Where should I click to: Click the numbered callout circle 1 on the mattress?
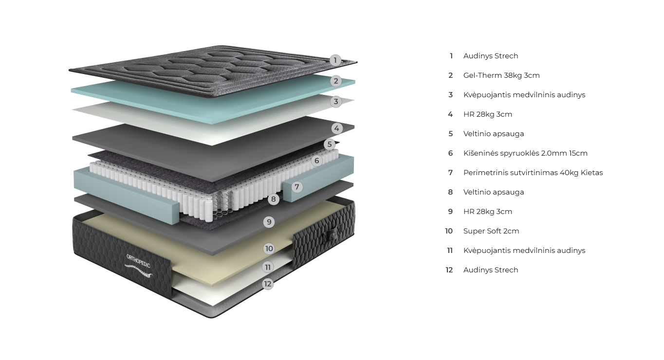pos(335,60)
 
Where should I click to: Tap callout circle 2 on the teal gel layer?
pos(336,81)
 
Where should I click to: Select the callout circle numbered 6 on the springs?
pos(317,161)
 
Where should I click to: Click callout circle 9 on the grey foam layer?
pos(269,222)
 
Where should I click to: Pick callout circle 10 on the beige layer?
pos(269,249)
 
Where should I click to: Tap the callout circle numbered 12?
pos(268,284)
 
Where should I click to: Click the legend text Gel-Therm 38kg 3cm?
pos(501,75)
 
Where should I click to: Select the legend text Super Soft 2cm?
pos(491,231)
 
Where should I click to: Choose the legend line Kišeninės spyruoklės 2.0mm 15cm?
pos(525,153)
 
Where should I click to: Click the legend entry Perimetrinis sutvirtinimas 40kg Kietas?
pos(533,173)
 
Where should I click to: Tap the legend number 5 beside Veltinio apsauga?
pos(451,134)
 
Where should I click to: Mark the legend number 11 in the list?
pos(450,251)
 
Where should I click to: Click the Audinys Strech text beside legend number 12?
pos(490,270)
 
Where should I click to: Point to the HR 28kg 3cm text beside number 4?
pos(487,114)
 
